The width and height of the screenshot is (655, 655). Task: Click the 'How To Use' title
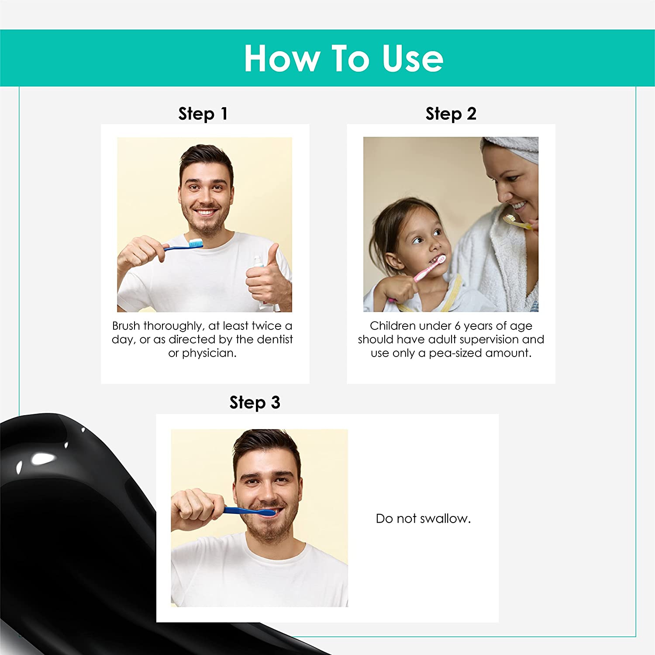[x=344, y=58]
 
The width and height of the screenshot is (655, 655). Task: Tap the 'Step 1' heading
[x=203, y=114]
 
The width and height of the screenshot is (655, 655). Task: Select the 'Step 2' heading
[x=451, y=114]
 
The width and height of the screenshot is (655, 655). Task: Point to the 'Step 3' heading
[x=255, y=402]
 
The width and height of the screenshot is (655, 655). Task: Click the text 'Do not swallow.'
[x=423, y=519]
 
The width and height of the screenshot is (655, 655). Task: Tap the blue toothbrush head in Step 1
[x=195, y=243]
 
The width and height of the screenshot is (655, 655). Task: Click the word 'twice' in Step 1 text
[x=266, y=326]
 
